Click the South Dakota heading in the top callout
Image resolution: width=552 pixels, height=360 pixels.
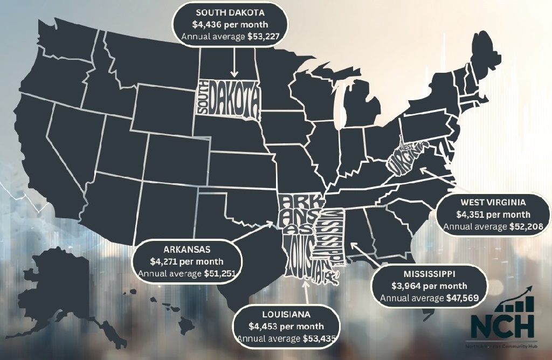(x=230, y=12)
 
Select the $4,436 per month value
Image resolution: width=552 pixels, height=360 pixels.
(x=230, y=24)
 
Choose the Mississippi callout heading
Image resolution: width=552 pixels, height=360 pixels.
(x=429, y=274)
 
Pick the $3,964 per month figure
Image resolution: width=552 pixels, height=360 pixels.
(x=429, y=286)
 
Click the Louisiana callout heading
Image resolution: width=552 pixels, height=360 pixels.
(x=286, y=314)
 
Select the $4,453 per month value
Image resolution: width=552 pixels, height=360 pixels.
(x=286, y=326)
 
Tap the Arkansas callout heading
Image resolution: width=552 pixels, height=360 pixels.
(x=187, y=250)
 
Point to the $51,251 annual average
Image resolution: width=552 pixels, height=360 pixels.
(x=221, y=274)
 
